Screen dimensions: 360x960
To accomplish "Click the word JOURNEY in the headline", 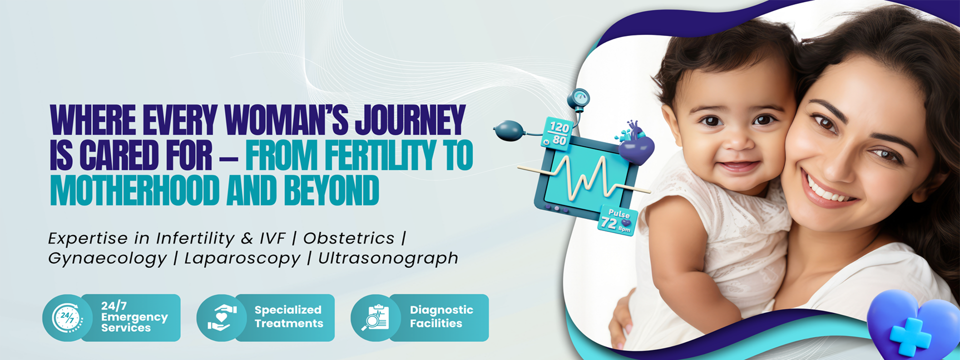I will click(x=410, y=120).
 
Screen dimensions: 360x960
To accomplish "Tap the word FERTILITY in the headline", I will click(x=380, y=155).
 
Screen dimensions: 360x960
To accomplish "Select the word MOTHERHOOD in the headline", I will click(x=135, y=190).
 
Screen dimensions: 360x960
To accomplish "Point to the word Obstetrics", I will click(x=348, y=238).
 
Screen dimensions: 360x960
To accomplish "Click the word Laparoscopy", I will click(x=242, y=258).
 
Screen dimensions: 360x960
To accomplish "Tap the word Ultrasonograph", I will click(x=388, y=258).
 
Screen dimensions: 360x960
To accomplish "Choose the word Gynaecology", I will click(x=107, y=259).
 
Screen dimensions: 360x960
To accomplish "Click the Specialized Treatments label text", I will click(x=288, y=316).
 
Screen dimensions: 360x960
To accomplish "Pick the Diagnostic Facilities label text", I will click(x=441, y=316).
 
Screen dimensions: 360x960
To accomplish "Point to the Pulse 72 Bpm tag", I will click(x=618, y=220).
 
